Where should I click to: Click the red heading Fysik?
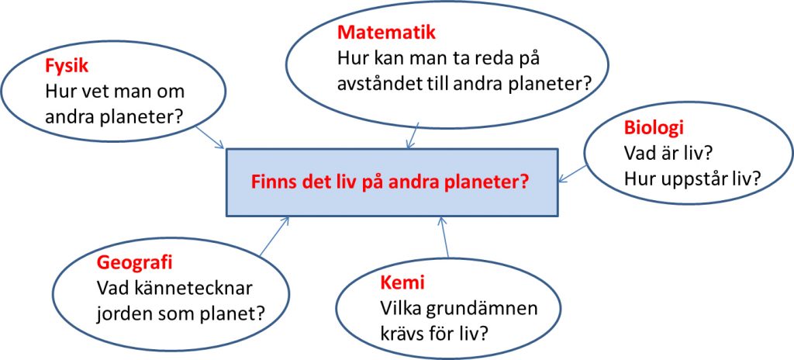pos(67,67)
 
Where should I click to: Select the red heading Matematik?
pos(386,33)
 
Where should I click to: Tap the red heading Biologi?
pos(654,128)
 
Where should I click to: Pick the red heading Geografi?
pos(135,263)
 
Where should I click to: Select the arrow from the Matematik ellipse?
pos(413,135)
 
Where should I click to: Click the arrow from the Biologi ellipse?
pos(573,174)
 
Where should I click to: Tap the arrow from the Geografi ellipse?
pos(274,236)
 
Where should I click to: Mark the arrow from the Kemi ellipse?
pos(444,237)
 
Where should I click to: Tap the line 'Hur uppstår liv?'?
pos(692,178)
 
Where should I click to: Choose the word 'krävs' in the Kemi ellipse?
pos(401,334)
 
